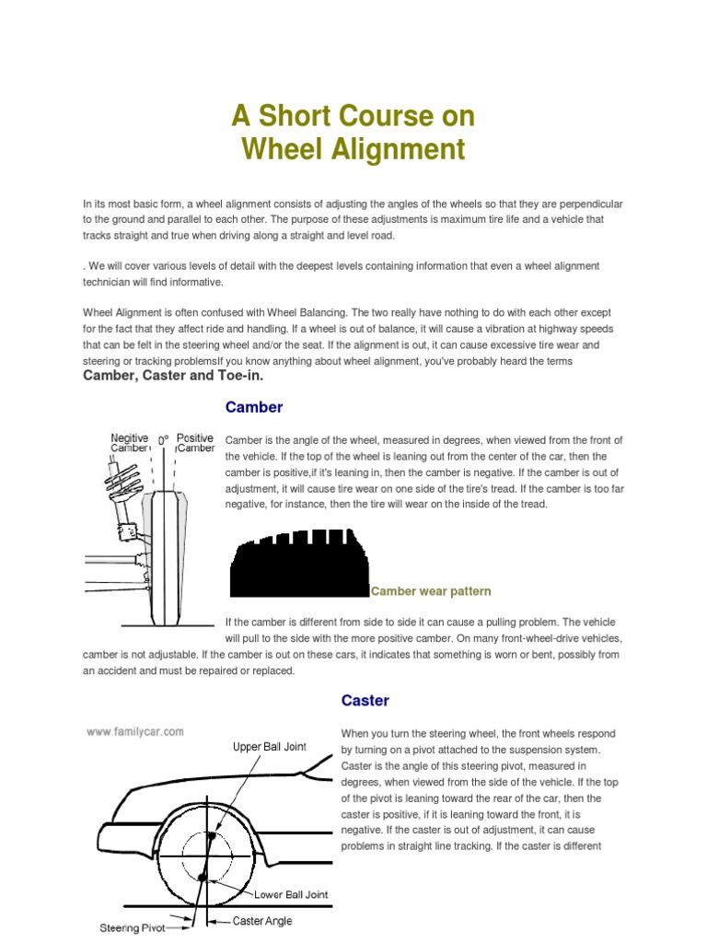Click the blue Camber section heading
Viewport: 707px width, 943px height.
[x=253, y=407]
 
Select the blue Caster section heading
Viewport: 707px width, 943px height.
[x=365, y=701]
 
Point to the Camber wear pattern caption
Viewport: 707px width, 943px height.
[x=431, y=591]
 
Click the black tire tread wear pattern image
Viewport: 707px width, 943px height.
[x=299, y=563]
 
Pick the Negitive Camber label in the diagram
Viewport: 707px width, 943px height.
[x=130, y=443]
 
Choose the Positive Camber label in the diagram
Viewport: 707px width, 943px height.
[x=195, y=443]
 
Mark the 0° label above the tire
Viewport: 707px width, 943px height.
[x=163, y=442]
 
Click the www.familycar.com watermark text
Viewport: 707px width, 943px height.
[x=135, y=732]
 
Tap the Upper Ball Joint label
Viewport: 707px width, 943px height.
[x=269, y=747]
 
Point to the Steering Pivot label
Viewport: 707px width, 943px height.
[x=132, y=928]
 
